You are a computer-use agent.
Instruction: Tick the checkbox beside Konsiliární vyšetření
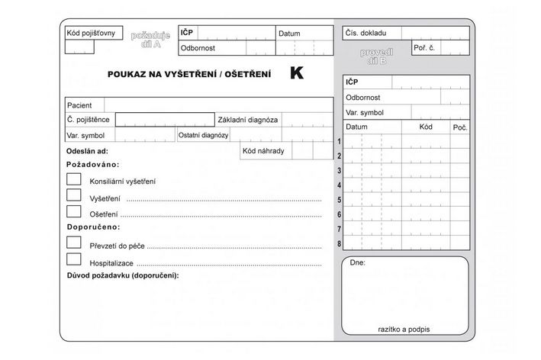tap(74, 179)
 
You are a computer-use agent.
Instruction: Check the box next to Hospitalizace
tap(74, 259)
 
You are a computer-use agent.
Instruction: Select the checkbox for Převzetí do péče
tap(74, 243)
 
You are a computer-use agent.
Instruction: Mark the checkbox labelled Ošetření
tap(74, 211)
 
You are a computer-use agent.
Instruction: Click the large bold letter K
tap(296, 74)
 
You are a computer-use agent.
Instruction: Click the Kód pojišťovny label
tap(90, 33)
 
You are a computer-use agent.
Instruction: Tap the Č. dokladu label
tap(365, 34)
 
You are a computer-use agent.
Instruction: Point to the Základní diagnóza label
tap(248, 120)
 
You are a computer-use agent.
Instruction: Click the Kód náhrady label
tap(263, 151)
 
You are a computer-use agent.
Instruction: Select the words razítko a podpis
tap(404, 329)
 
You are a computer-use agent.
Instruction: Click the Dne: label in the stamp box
tap(357, 263)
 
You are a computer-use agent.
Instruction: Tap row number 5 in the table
tap(339, 200)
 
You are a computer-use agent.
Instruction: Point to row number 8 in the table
tap(339, 243)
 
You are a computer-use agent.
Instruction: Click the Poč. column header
tap(459, 127)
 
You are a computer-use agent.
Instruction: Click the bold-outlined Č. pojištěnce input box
tap(165, 120)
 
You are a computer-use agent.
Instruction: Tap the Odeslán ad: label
tap(87, 152)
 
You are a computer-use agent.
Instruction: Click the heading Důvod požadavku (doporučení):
tap(122, 275)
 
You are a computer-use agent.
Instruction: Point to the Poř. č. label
tap(424, 47)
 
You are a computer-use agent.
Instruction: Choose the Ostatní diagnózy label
tap(204, 135)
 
